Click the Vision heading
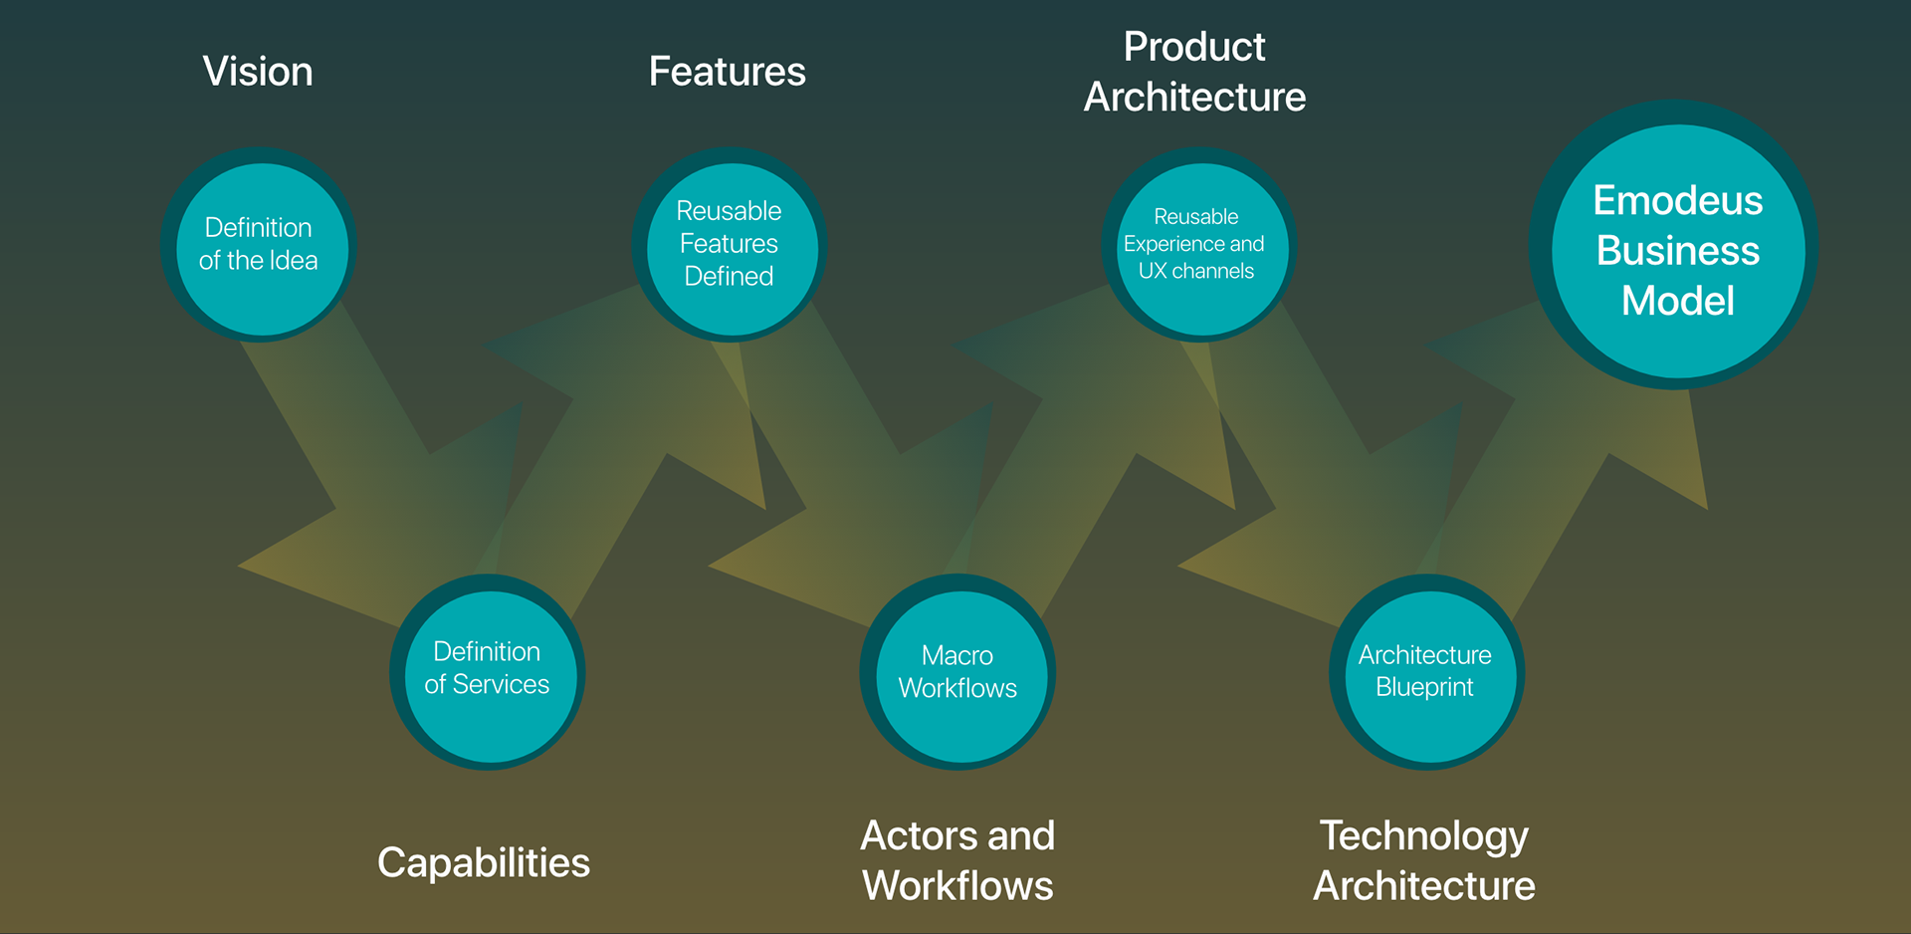coord(258,72)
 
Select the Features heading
coord(728,72)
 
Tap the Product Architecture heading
coord(1194,72)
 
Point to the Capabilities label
coord(484,862)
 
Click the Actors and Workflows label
coord(957,860)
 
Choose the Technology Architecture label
coord(1424,860)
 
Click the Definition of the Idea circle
coord(259,245)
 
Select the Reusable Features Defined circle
coord(730,245)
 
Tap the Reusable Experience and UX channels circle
coord(1199,245)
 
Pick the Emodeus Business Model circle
coord(1674,245)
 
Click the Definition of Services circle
coord(488,672)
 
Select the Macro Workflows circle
coord(957,672)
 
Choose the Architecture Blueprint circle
coord(1427,672)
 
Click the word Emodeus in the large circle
coord(1678,201)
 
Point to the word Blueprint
coord(1424,687)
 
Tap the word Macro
coord(957,655)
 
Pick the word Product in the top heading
coord(1194,47)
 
